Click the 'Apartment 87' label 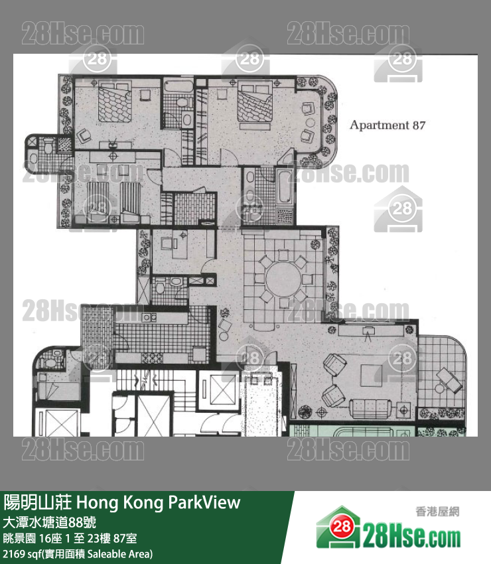tap(387, 125)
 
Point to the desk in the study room tap(178, 246)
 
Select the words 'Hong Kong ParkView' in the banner tap(159, 502)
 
